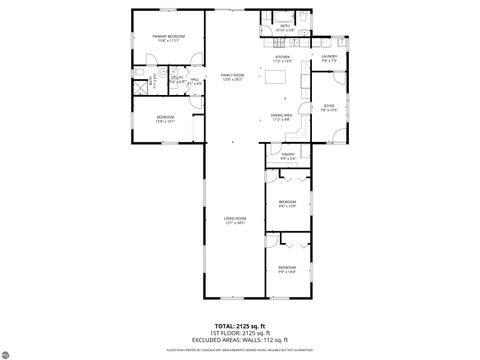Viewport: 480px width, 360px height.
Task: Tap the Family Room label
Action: (x=233, y=77)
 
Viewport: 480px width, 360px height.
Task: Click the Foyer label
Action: (x=329, y=106)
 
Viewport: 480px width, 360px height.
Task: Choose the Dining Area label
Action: (x=283, y=117)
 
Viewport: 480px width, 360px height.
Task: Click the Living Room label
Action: (x=233, y=220)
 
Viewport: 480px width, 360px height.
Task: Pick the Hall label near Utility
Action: (x=195, y=81)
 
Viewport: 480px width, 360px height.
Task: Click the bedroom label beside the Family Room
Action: (x=166, y=119)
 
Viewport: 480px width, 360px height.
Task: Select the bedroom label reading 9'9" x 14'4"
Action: (x=287, y=269)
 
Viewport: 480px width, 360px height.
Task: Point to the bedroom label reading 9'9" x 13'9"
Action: (x=287, y=204)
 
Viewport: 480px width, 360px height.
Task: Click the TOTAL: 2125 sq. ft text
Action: (x=240, y=326)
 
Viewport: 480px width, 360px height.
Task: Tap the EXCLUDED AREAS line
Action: (x=240, y=340)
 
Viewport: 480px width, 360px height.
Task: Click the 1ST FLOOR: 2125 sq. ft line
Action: (x=240, y=333)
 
